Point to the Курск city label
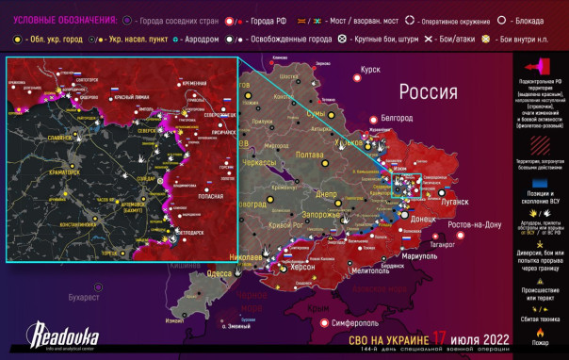point(369,69)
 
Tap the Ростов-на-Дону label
point(478,224)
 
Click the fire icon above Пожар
point(540,333)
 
